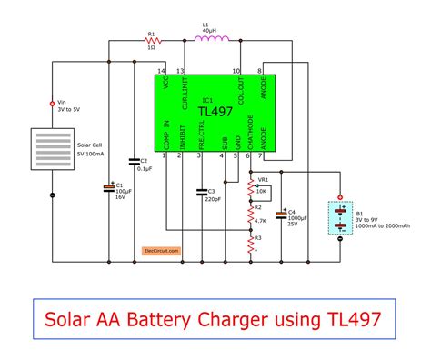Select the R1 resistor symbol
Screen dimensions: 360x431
click(x=152, y=41)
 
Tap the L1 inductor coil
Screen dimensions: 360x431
click(x=212, y=40)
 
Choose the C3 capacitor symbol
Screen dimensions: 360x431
click(x=200, y=191)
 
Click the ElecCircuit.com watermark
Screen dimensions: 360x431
click(x=160, y=248)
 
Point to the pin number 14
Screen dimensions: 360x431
click(x=162, y=70)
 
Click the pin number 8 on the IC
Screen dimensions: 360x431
click(x=261, y=70)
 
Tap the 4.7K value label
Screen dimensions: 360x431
click(x=261, y=221)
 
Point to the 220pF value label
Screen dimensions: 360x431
click(x=212, y=198)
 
